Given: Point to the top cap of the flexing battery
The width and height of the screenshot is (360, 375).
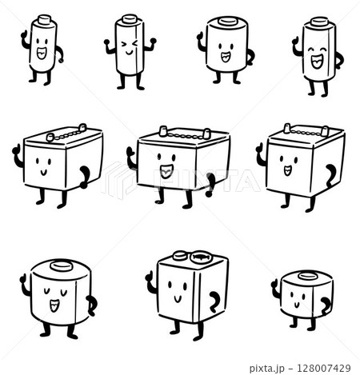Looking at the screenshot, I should pyautogui.click(x=128, y=17).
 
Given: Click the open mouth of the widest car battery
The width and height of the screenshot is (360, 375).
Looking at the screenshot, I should pyautogui.click(x=166, y=170).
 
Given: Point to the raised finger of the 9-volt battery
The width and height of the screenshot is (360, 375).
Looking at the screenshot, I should pyautogui.click(x=149, y=275).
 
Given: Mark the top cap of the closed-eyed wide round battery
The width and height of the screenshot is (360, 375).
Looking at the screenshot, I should pyautogui.click(x=60, y=265).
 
